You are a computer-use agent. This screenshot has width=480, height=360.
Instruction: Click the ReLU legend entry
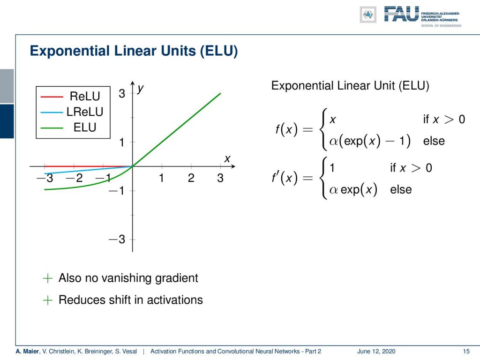coord(85,96)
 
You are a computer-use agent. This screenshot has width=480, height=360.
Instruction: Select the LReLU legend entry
coord(85,112)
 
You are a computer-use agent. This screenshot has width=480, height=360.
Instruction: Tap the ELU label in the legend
coord(85,127)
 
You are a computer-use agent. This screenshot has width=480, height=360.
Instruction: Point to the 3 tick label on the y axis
coord(122,93)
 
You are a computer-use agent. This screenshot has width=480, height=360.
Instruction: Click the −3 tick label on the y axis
coord(117,239)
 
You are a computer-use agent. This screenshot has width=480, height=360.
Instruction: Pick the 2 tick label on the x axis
coord(191,178)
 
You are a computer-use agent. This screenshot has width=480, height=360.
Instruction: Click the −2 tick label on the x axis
coord(75,178)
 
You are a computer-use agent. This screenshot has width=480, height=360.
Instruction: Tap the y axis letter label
coord(141,89)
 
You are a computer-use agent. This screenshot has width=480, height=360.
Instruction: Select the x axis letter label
coord(227,159)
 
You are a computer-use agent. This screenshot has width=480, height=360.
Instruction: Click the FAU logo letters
coord(401,14)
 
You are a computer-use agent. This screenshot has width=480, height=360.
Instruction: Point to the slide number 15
coord(466,351)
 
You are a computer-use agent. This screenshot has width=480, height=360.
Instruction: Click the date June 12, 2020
coord(376,351)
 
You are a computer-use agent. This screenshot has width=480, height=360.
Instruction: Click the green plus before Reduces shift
coord(48,300)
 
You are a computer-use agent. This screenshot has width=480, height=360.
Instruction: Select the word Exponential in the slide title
coord(70,51)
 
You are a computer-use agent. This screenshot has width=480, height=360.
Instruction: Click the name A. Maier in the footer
coord(28,351)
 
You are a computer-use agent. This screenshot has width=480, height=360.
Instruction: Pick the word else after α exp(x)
coord(401,189)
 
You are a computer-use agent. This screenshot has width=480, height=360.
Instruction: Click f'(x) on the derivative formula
coord(285,178)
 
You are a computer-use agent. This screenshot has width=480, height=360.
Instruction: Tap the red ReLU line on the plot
coord(89,166)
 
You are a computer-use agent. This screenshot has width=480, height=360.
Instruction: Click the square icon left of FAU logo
coord(368,15)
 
